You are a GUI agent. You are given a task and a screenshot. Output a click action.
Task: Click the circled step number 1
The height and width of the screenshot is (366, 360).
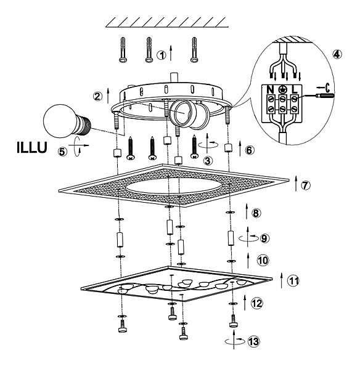pos(162,55)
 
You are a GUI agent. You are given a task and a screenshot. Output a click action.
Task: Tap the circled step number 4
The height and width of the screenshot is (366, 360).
pos(337,54)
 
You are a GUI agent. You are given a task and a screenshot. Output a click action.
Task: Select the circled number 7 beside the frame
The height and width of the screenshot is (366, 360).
pos(306,185)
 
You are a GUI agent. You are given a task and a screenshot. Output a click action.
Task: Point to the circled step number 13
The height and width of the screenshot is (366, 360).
pos(254,342)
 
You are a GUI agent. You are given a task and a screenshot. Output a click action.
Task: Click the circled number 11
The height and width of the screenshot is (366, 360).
pos(293,280)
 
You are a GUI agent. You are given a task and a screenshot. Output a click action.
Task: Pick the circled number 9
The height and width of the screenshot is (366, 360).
pos(264,238)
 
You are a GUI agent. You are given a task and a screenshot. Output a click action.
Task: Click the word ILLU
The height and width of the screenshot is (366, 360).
pos(32,147)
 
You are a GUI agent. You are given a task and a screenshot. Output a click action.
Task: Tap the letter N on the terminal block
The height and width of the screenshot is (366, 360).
pos(270,89)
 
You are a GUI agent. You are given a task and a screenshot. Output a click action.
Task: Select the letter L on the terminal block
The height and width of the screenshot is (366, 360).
pos(295,89)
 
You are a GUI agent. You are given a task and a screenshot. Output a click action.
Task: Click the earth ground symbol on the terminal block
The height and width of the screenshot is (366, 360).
pos(283,89)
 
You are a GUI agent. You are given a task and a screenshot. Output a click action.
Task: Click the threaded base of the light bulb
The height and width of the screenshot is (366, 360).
pos(84,125)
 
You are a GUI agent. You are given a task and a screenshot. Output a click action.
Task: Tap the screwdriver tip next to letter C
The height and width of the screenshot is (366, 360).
pos(325,96)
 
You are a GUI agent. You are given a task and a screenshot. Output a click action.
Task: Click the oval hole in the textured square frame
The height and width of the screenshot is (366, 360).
pos(174,186)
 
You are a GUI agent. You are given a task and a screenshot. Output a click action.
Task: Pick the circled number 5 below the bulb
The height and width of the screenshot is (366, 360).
pos(62,152)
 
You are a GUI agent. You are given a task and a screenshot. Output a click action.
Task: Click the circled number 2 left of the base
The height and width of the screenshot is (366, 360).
pos(97,96)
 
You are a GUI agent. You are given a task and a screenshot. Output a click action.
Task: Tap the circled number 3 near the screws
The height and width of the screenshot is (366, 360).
pos(208,161)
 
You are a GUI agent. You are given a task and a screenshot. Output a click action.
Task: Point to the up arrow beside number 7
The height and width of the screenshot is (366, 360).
pos(296,184)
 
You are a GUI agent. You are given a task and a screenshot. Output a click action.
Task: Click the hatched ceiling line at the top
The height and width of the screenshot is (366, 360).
pos(166,22)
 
